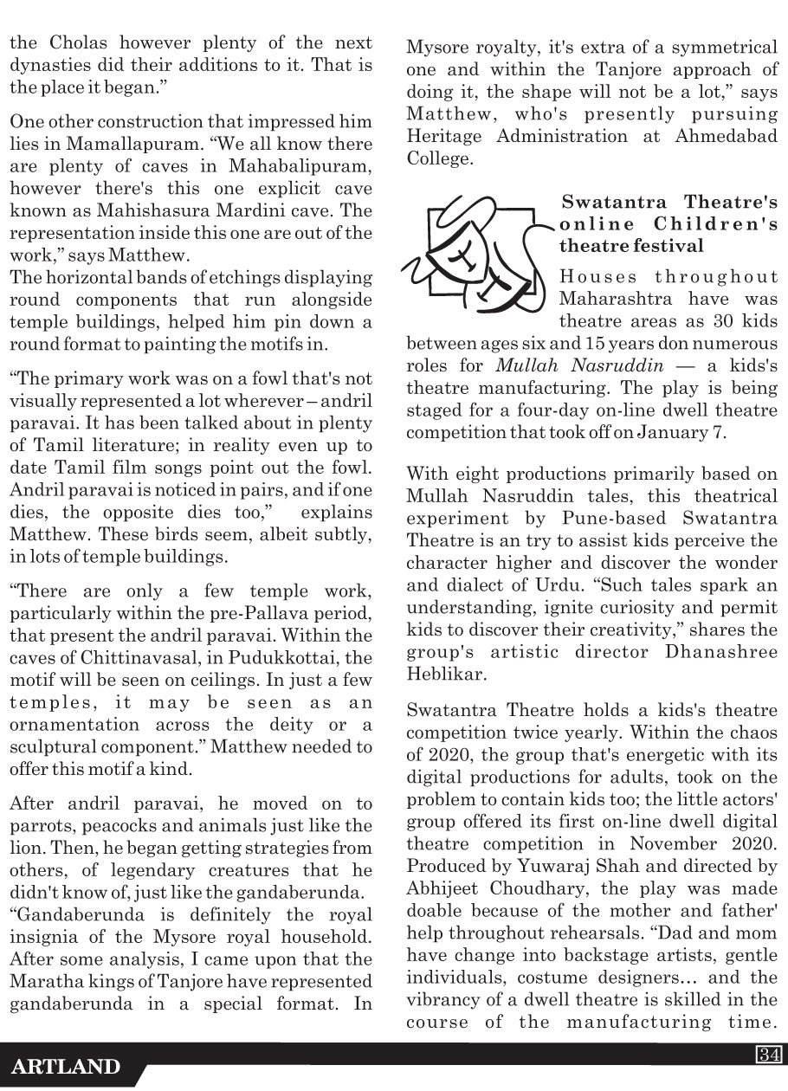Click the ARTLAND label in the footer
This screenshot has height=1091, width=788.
coord(66,1066)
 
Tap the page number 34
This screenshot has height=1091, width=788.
coord(767,1054)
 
